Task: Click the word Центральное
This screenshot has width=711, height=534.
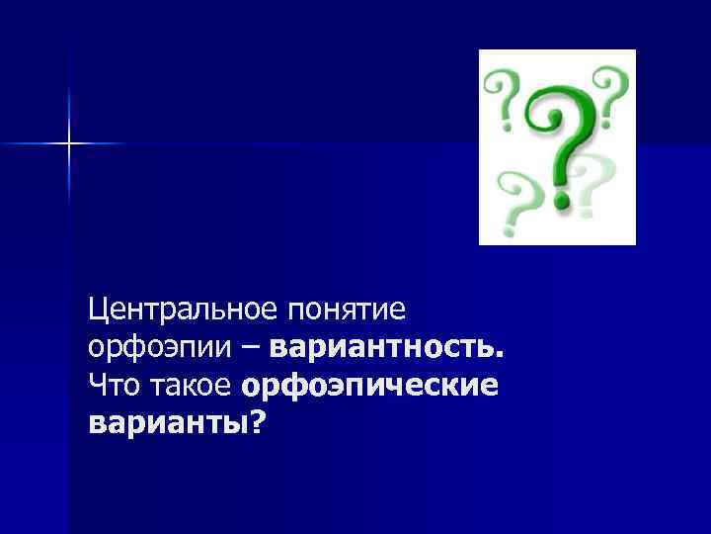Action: (x=184, y=310)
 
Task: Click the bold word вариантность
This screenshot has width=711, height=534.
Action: (x=385, y=348)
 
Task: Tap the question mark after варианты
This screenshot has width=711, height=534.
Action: (x=259, y=421)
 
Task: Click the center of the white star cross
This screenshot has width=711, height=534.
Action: (x=69, y=144)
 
